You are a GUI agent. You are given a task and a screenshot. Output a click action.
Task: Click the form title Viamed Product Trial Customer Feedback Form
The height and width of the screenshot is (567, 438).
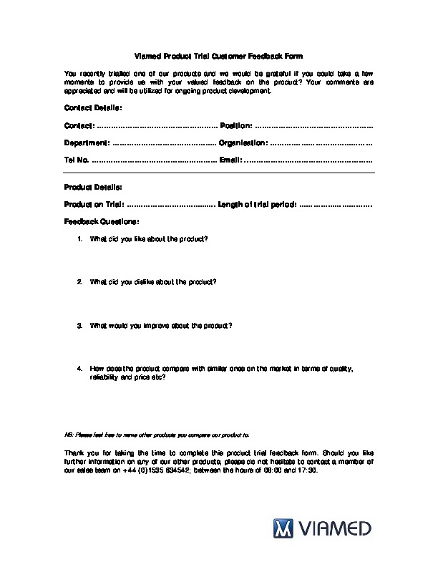click(x=218, y=56)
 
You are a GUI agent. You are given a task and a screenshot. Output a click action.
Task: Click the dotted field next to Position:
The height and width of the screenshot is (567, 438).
click(x=314, y=125)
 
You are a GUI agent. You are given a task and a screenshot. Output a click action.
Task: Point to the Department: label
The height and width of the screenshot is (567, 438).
click(x=87, y=142)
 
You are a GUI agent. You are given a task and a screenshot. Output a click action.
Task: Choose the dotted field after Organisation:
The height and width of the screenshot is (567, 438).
click(x=321, y=142)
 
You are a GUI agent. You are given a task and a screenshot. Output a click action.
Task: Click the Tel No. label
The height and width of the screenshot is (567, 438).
click(x=77, y=160)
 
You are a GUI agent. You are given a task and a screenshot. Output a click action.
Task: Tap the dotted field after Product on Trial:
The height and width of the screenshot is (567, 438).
click(x=171, y=204)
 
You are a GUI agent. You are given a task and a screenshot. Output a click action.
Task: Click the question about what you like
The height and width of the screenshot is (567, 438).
click(x=149, y=238)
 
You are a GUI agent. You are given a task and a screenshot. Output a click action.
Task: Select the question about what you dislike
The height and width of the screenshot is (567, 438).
click(x=153, y=281)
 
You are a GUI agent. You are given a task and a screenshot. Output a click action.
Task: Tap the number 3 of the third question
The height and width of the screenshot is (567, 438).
click(x=79, y=325)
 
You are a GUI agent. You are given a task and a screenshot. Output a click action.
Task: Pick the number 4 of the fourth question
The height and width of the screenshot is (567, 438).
click(x=79, y=368)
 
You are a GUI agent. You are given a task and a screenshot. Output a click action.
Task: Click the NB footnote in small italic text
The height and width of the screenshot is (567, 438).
click(x=157, y=434)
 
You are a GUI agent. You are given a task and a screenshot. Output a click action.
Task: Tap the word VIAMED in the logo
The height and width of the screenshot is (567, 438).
click(x=335, y=530)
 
